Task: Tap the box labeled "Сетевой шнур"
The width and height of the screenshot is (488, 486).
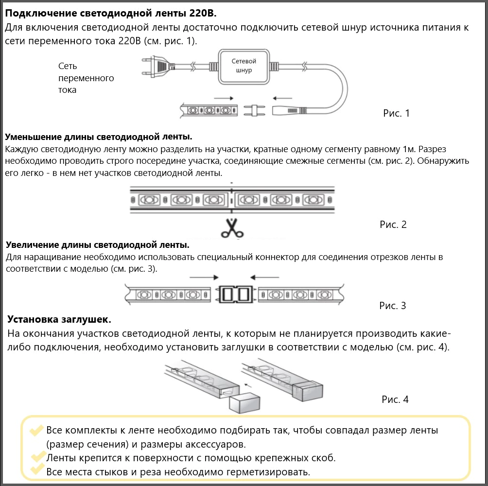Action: (x=244, y=66)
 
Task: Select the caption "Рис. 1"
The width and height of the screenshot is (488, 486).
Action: (x=396, y=114)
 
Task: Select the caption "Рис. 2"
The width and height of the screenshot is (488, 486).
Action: (x=393, y=225)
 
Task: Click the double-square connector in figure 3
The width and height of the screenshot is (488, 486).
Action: (x=235, y=294)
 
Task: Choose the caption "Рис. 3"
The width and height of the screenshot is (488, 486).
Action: (x=392, y=306)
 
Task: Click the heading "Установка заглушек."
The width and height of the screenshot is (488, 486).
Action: (x=59, y=320)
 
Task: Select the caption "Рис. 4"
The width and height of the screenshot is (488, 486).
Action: (x=395, y=399)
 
